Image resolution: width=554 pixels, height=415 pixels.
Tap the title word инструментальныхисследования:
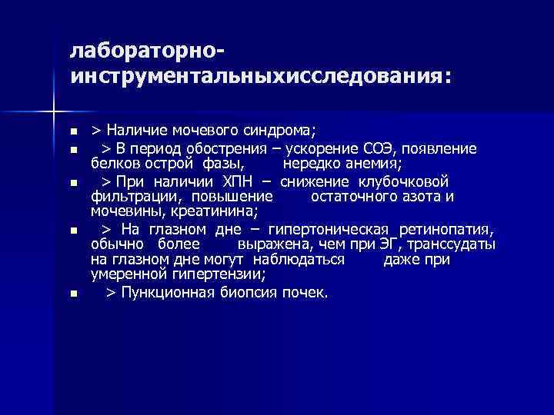coord(261,78)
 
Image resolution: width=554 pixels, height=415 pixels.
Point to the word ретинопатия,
coord(447,230)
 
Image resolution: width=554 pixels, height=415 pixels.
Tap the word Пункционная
coord(160,293)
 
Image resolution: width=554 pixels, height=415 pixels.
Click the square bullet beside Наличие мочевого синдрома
coord(73,129)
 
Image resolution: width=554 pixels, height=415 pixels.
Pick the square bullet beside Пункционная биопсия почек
coord(73,294)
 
